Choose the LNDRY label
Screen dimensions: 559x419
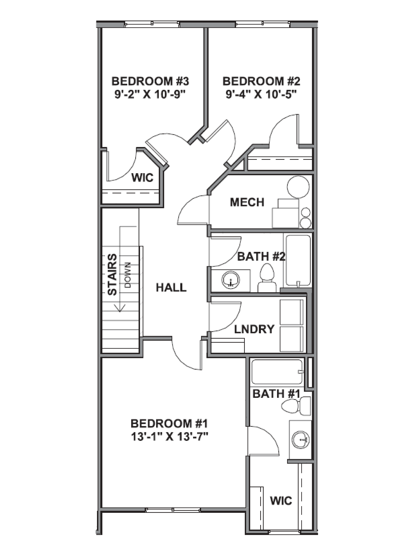254,329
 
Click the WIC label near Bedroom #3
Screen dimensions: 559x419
142,178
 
